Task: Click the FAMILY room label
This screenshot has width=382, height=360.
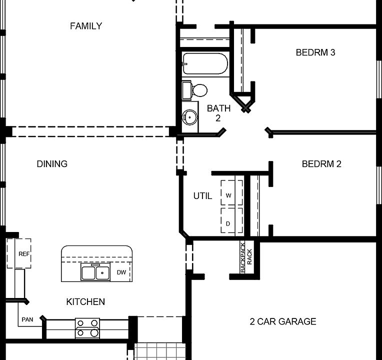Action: pos(86,26)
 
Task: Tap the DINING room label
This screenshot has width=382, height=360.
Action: pos(52,164)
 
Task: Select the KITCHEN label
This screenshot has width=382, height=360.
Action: pos(85,301)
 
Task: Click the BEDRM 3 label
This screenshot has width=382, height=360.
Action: pos(315,52)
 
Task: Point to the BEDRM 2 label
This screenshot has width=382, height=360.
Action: pos(321,164)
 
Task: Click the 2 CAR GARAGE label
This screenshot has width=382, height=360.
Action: pos(283,321)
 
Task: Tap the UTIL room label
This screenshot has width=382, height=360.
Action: pos(202,196)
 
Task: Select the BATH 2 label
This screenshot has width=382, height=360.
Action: pos(218,113)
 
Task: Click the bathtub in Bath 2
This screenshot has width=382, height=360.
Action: pos(205,64)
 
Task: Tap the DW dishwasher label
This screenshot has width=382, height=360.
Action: pos(121,272)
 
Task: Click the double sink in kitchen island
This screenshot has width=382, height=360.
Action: pos(96,272)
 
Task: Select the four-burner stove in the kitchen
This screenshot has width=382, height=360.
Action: pos(87,327)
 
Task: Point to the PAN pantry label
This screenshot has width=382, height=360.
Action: pos(27,319)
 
